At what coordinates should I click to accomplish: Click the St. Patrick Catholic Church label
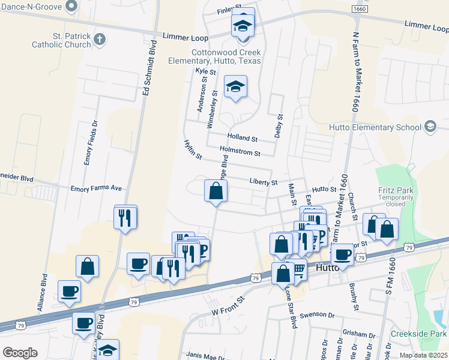point(62,40)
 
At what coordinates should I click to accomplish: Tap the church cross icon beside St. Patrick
point(100,40)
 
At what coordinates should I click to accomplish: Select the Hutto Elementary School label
point(375,127)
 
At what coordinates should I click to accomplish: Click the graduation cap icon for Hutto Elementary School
point(430,127)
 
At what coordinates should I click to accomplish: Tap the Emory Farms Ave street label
point(96,188)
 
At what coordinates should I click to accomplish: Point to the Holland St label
point(242,138)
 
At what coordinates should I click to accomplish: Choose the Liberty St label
point(264,182)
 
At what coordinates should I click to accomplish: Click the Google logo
point(20,352)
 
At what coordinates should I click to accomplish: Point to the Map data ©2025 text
point(424,355)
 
